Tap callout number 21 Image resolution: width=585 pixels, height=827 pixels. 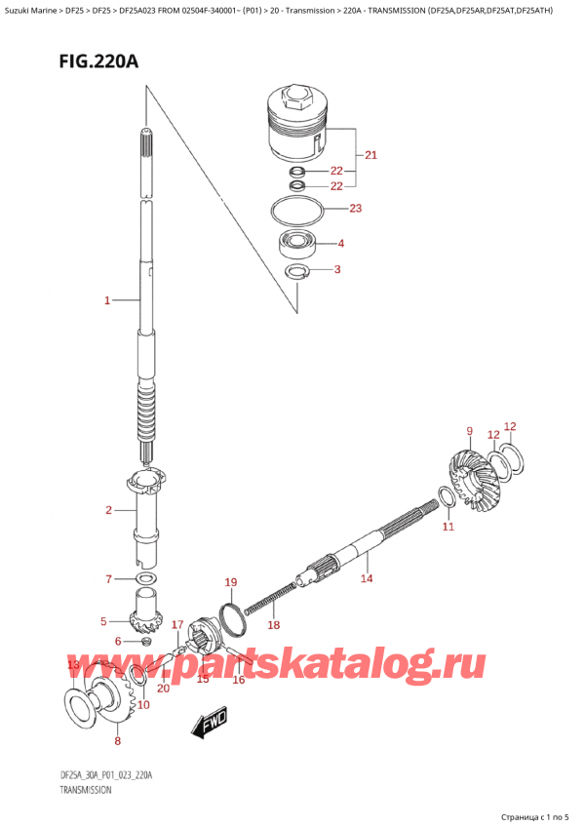370,154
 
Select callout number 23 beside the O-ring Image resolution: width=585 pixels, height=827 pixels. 356,208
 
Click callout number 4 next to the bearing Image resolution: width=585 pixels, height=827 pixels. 341,243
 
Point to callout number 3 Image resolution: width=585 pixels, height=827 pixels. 337,269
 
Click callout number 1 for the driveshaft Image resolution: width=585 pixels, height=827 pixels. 107,300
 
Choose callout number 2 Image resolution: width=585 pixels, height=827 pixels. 108,509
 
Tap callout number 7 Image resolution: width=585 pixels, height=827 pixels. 108,579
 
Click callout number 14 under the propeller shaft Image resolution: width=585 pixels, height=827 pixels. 367,578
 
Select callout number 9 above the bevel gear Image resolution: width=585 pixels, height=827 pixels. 470,431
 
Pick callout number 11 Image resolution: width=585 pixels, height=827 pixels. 448,526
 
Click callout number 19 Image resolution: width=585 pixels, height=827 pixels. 230,582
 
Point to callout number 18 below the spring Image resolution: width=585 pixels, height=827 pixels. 273,625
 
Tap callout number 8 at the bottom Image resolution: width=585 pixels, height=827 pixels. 117,740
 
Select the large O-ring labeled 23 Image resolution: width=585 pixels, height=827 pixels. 296,212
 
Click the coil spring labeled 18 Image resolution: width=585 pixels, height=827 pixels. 269,597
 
